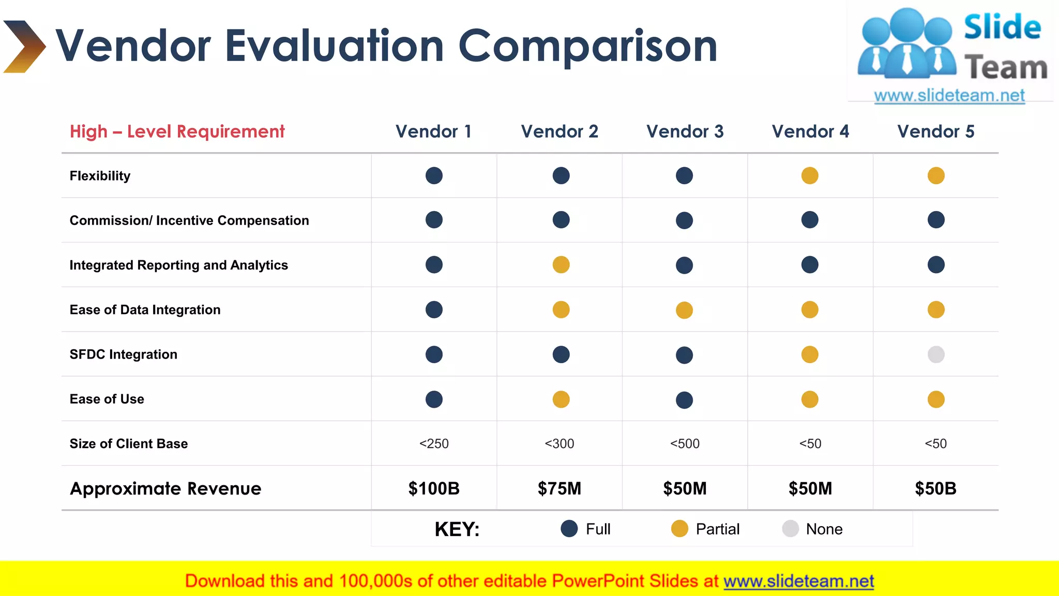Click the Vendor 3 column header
point(685,131)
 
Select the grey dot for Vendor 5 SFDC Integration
point(936,354)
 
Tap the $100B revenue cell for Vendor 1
point(434,488)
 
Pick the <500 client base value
point(685,443)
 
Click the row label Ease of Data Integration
point(145,310)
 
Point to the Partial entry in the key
point(717,529)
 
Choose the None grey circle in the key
point(791,529)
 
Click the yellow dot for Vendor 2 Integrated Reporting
point(561,265)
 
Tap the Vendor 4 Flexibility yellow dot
point(810,175)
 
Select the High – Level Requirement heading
point(177,131)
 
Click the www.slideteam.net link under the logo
point(949,96)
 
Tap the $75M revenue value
point(559,488)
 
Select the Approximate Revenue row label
point(165,488)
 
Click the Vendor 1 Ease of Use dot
point(434,399)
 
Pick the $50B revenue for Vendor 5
point(935,488)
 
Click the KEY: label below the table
point(457,529)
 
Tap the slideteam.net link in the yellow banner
point(798,581)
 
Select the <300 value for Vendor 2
point(559,443)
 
